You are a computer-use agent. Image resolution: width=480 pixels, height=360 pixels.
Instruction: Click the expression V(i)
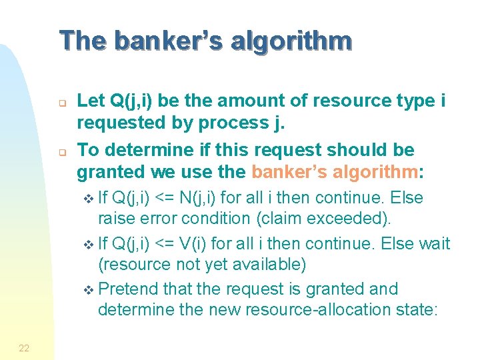point(195,244)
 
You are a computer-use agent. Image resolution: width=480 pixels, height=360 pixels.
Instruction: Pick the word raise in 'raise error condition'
point(115,218)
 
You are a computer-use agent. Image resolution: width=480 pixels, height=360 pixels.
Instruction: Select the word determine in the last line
point(134,309)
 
